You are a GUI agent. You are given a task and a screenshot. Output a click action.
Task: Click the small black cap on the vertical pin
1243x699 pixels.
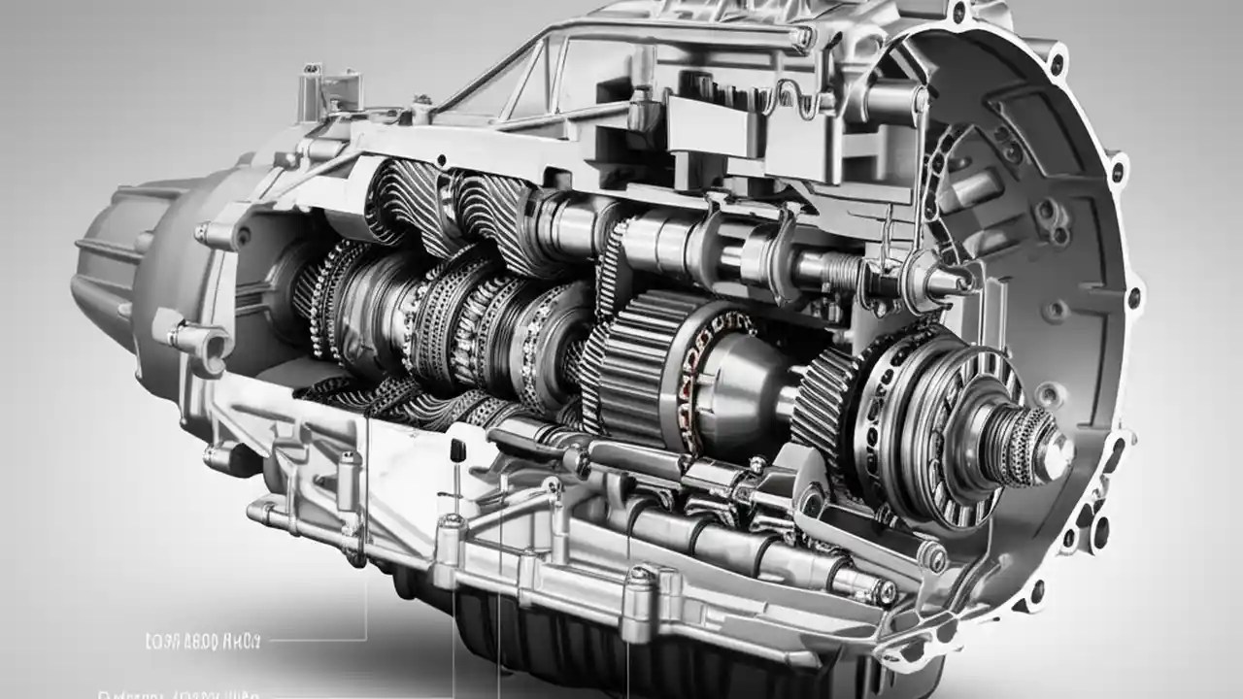[454, 449]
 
